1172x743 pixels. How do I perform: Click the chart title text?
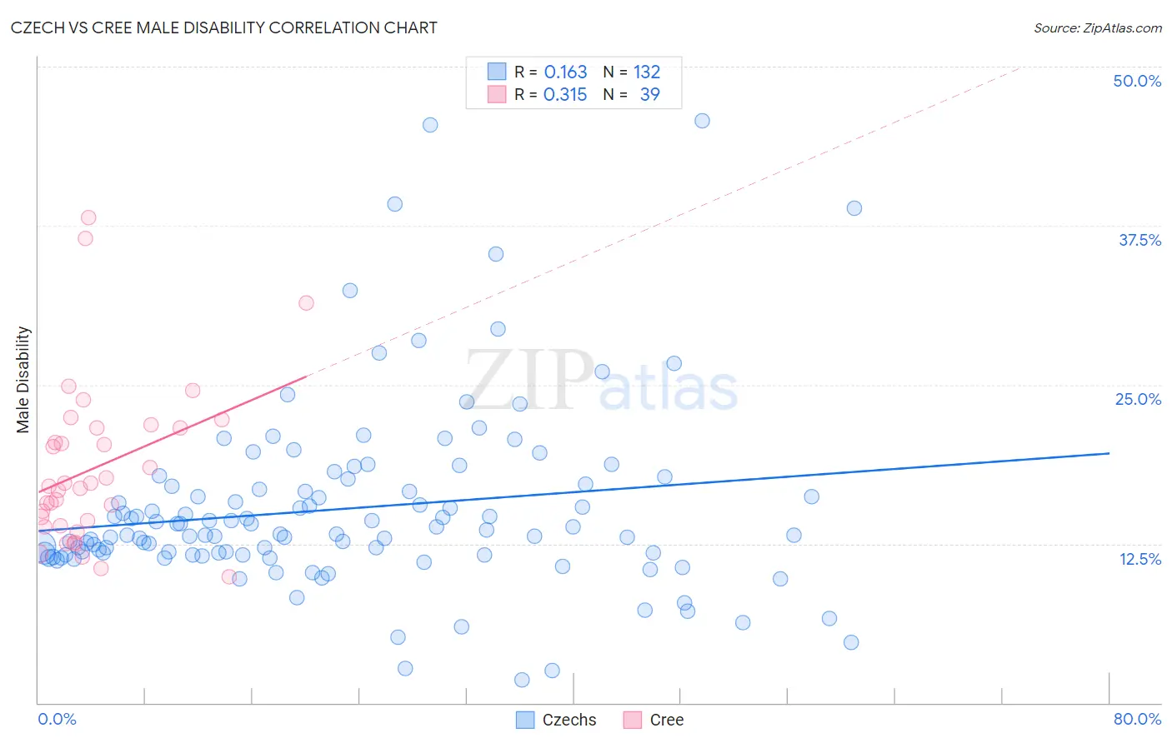[x=223, y=27]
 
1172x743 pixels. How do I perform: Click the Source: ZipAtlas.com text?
[x=1097, y=28]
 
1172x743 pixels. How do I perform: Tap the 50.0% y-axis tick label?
[x=1137, y=81]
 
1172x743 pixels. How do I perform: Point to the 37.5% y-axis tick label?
[x=1139, y=240]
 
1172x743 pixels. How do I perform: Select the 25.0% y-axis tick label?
[x=1138, y=399]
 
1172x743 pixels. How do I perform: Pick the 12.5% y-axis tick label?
[x=1139, y=559]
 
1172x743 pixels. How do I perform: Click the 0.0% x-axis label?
[x=57, y=719]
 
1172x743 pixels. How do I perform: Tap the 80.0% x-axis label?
[x=1137, y=719]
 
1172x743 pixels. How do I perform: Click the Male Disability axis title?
[x=23, y=379]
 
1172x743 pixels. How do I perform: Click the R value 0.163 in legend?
[x=565, y=72]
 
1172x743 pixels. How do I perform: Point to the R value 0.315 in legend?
[x=565, y=94]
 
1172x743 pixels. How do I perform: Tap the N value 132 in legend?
[x=647, y=72]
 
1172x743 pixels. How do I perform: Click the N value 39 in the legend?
[x=649, y=94]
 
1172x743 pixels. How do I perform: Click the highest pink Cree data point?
[x=88, y=217]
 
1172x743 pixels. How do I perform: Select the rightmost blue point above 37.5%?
[x=854, y=208]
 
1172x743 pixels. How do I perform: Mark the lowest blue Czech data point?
[x=522, y=680]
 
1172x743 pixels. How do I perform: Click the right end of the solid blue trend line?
[x=1109, y=453]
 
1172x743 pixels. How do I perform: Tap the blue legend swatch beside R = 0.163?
[x=497, y=72]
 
